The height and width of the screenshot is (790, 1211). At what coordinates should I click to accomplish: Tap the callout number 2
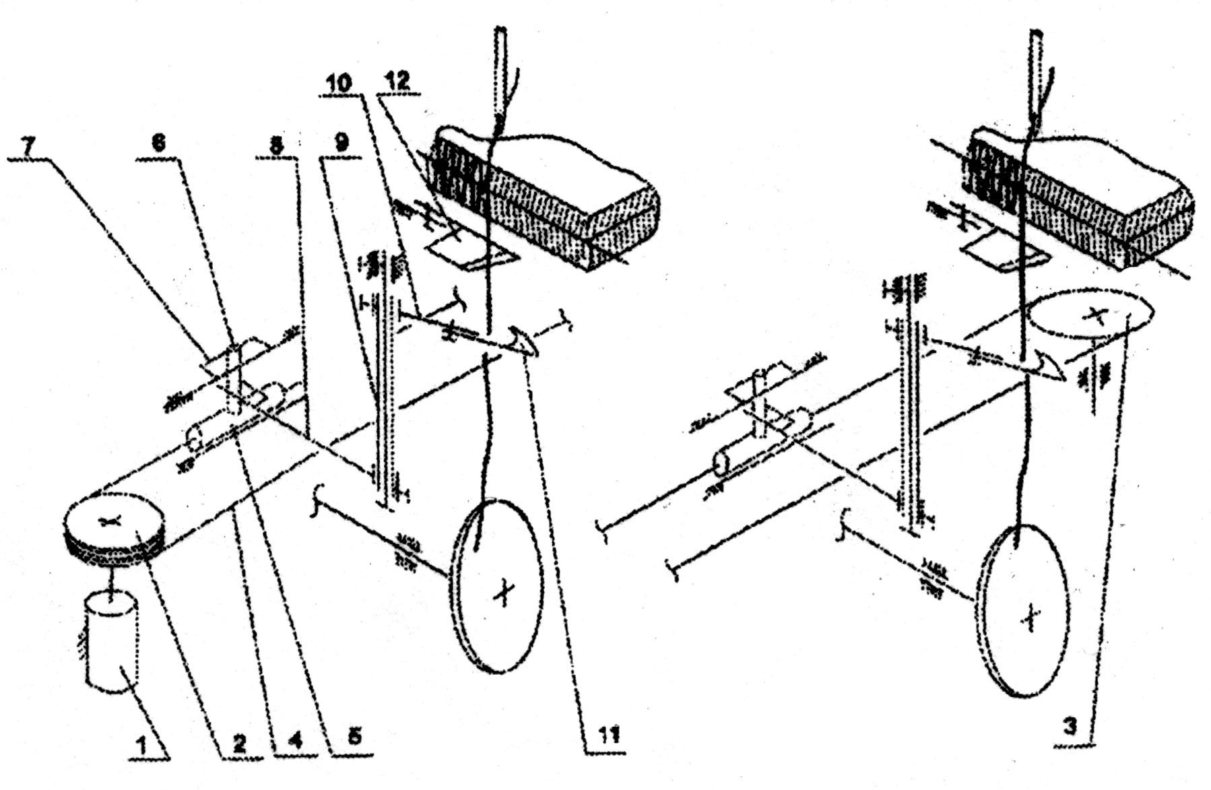point(239,744)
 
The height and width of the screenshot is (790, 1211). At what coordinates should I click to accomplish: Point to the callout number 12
point(397,81)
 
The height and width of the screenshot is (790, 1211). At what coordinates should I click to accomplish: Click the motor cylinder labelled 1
point(111,640)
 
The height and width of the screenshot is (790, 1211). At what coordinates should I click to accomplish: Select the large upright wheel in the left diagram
point(498,585)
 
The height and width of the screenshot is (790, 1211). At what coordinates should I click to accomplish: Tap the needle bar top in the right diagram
point(1037,40)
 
